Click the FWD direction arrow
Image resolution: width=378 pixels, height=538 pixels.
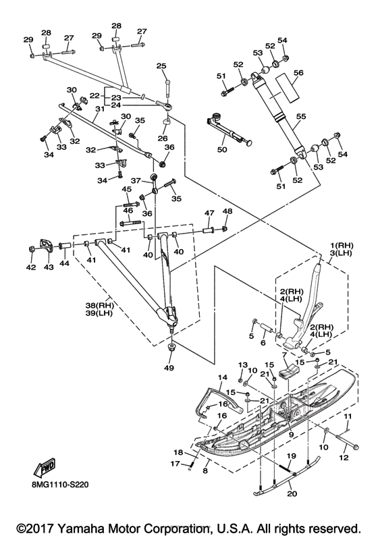point(44,468)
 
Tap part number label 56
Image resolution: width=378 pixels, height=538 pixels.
point(299,73)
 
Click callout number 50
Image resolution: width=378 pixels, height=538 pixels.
point(222,150)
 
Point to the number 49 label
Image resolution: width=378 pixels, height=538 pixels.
point(169,368)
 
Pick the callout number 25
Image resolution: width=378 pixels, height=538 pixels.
point(161,65)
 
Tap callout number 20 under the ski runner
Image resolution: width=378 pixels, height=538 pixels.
point(292,493)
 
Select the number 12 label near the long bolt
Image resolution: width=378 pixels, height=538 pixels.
point(344,458)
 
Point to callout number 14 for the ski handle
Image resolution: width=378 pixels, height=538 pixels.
point(222,378)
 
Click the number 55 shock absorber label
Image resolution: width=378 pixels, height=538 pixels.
point(301,117)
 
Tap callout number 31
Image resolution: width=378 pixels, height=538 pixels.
point(99,109)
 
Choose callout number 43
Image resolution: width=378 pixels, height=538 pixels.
point(49,267)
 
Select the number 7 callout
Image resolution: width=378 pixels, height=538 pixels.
point(284,354)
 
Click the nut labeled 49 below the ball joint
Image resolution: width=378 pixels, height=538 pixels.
point(171,346)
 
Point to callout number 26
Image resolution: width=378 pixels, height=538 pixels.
point(163,138)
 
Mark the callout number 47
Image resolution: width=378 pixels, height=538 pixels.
point(209,213)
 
